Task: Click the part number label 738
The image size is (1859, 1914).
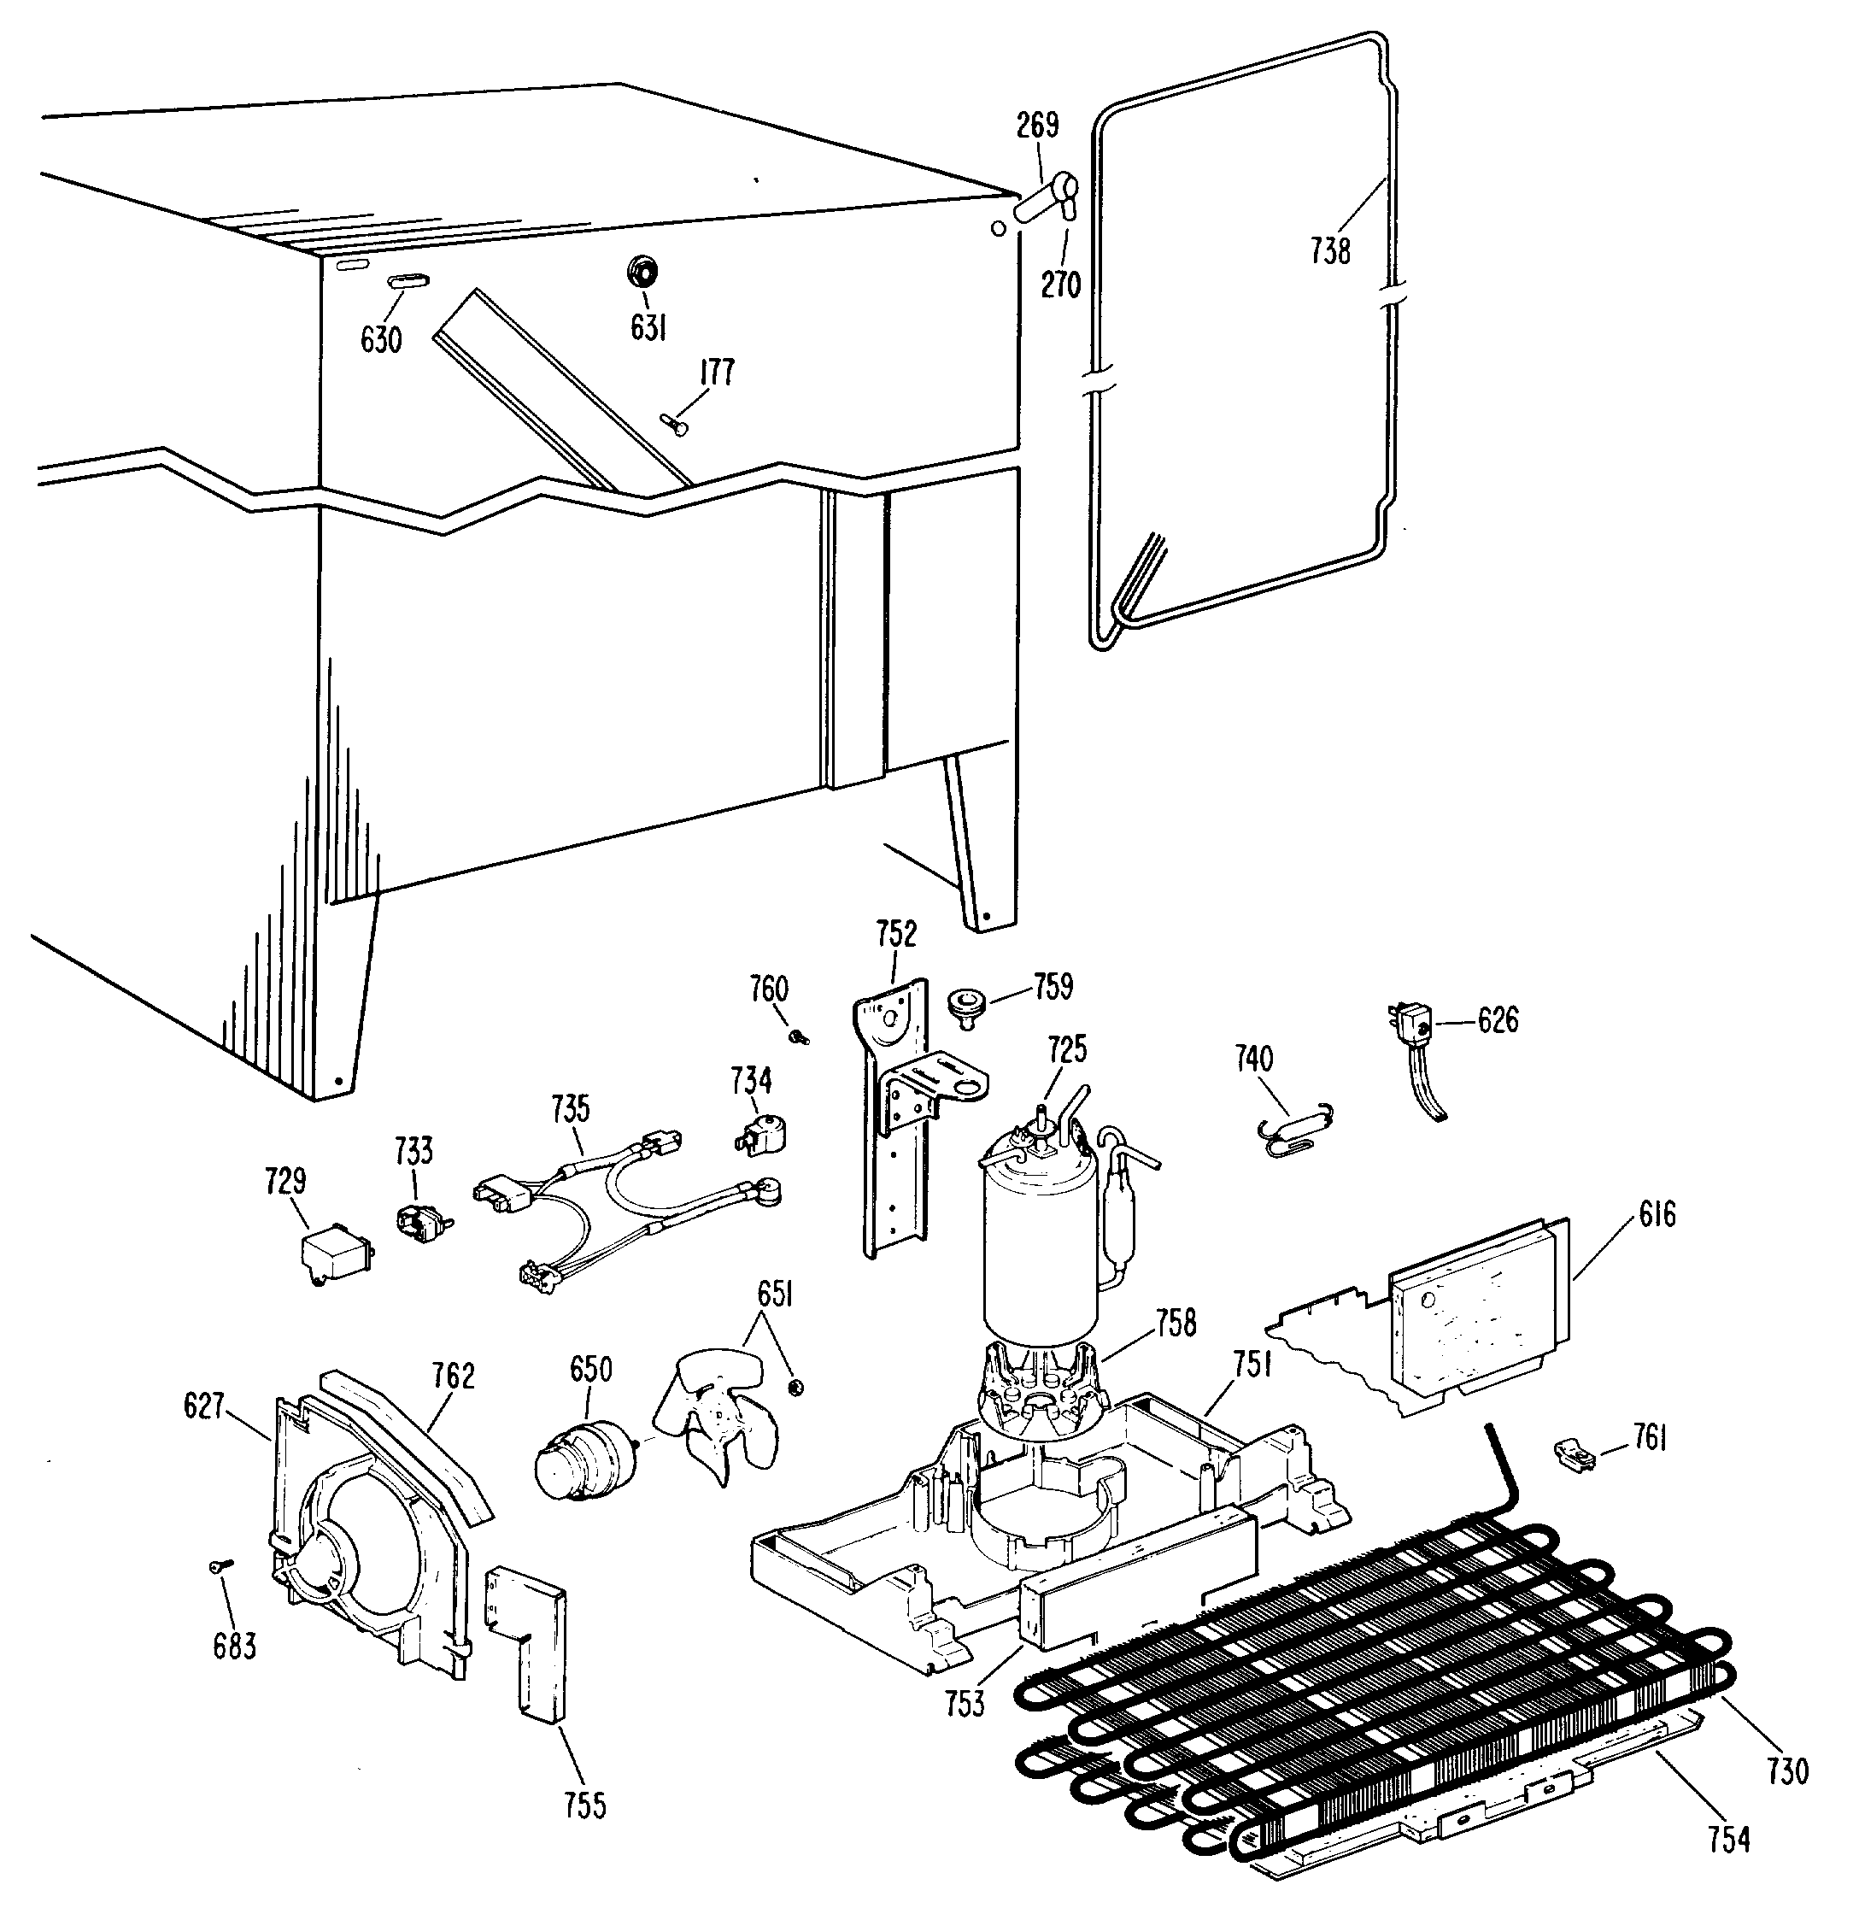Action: [x=1330, y=251]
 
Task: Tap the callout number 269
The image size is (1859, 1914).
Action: [x=1037, y=125]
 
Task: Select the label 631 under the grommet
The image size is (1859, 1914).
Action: [x=648, y=328]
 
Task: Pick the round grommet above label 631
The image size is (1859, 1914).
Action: [x=641, y=271]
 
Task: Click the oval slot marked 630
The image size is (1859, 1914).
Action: [x=409, y=281]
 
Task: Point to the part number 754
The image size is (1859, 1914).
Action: [x=1728, y=1840]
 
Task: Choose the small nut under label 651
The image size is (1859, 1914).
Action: [x=795, y=1386]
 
